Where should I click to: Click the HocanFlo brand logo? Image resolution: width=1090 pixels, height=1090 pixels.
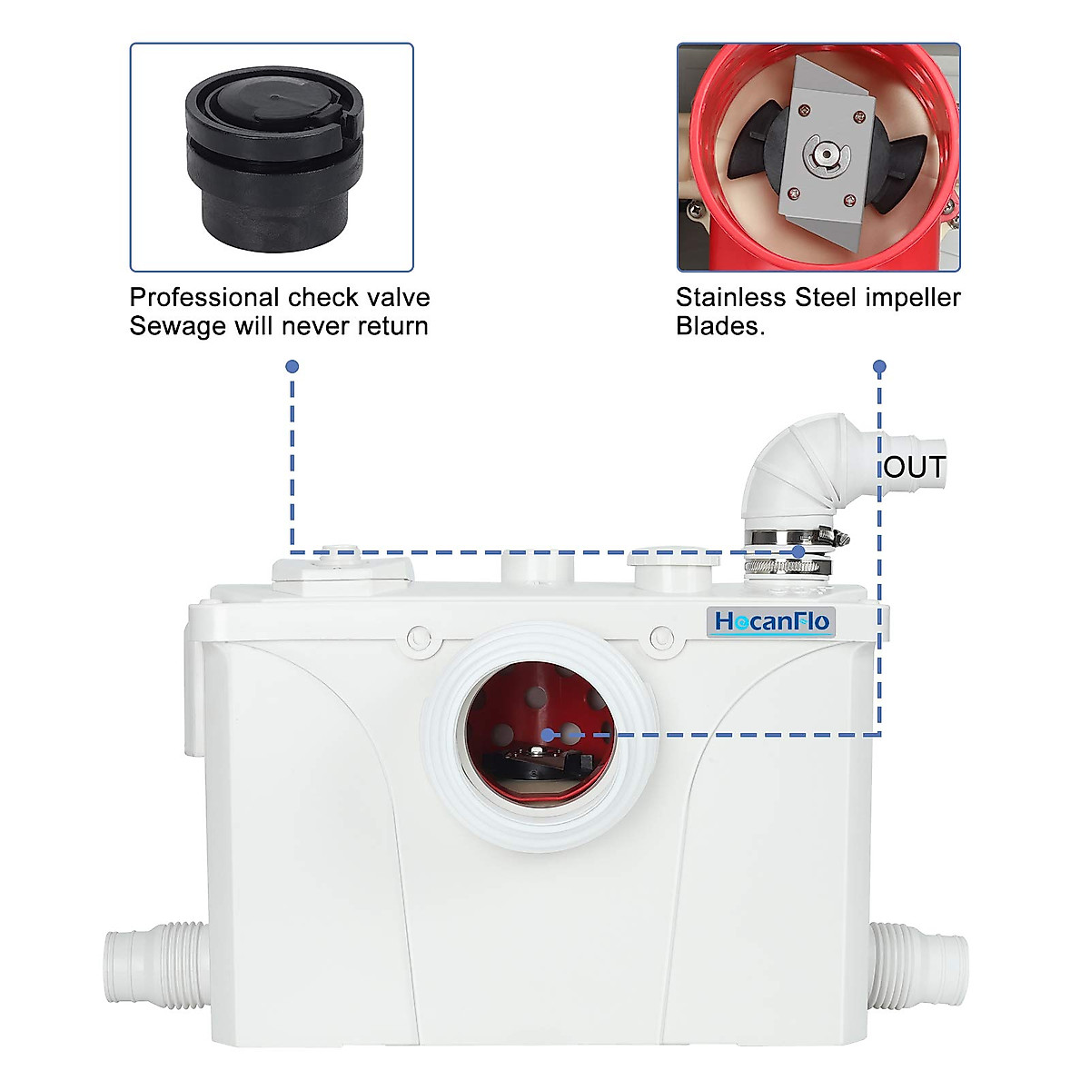(771, 621)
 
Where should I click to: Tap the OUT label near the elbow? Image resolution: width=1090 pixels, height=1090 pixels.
(915, 467)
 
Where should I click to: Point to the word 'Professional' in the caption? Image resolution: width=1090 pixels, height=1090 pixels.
(204, 298)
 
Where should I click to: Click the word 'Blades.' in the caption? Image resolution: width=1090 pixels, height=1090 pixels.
(720, 326)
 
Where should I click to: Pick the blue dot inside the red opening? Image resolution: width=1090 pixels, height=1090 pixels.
(547, 734)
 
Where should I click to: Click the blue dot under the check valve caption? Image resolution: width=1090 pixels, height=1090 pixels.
(292, 366)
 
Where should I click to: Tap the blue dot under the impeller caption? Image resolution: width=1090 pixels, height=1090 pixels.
(878, 367)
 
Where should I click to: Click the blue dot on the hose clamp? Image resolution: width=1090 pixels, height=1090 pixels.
(798, 551)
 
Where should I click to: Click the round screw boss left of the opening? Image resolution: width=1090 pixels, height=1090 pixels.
(419, 637)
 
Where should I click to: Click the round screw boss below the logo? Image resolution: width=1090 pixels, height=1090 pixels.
(662, 638)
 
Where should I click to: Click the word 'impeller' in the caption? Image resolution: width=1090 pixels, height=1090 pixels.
(911, 298)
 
